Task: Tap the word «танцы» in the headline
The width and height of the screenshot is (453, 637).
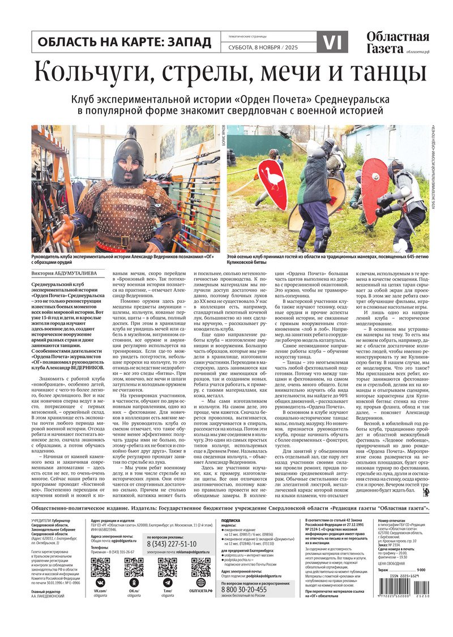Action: click(x=384, y=72)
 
